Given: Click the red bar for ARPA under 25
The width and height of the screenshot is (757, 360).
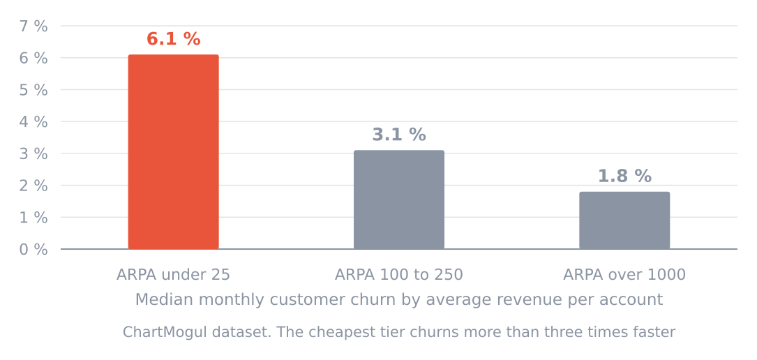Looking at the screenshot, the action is [x=173, y=152].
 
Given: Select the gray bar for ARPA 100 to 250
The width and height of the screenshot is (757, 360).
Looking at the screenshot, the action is [x=399, y=200].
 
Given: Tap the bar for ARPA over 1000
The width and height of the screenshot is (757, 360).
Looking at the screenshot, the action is [x=624, y=220].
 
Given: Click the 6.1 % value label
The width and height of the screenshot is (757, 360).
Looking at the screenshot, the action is [x=173, y=39].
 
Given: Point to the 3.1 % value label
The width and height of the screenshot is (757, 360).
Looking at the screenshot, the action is [x=399, y=135].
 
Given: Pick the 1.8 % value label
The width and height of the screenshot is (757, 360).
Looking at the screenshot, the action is [x=624, y=176].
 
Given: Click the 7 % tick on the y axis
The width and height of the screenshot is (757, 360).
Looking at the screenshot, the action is [x=33, y=26].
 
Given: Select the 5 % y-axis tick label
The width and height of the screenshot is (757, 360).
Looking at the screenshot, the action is [x=33, y=90].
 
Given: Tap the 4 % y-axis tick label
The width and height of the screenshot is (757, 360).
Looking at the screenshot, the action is [x=33, y=121].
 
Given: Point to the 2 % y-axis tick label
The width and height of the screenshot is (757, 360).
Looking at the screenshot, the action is [x=33, y=186].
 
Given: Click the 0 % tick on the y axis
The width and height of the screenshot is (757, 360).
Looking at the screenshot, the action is [x=33, y=250].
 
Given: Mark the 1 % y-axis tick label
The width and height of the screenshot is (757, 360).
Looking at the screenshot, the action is [x=33, y=218].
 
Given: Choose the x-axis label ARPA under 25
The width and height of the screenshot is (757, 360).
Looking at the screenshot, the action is [x=173, y=275].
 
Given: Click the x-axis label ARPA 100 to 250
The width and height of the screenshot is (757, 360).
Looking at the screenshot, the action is [x=399, y=275].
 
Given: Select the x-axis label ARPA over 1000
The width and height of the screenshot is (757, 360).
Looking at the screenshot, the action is [x=624, y=275].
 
